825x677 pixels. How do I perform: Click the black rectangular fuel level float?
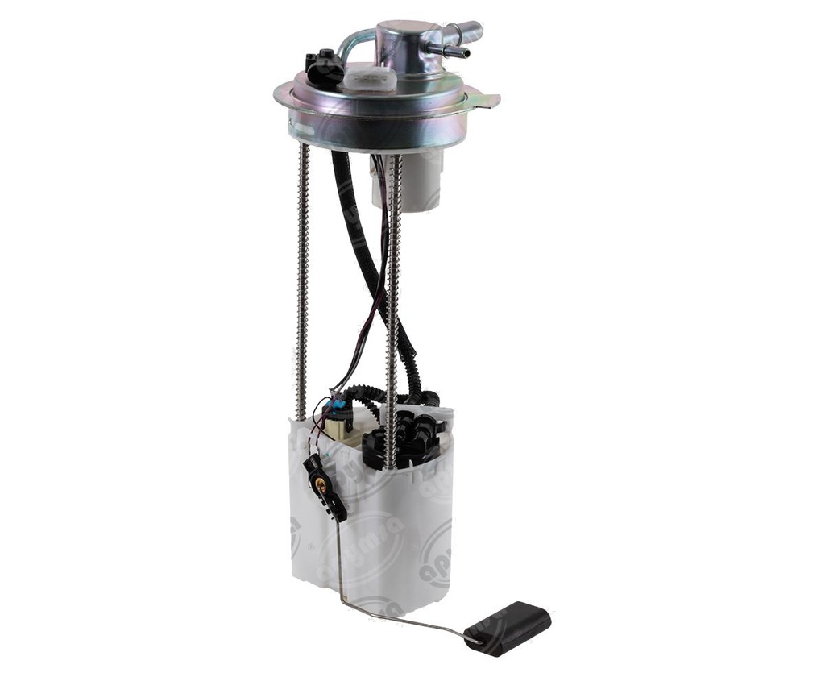point(508,626)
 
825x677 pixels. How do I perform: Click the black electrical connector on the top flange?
point(323,69)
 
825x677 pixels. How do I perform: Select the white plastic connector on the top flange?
point(370,78)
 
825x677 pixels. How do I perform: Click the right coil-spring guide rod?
point(393,306)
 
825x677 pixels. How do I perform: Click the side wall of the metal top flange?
point(371,129)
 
